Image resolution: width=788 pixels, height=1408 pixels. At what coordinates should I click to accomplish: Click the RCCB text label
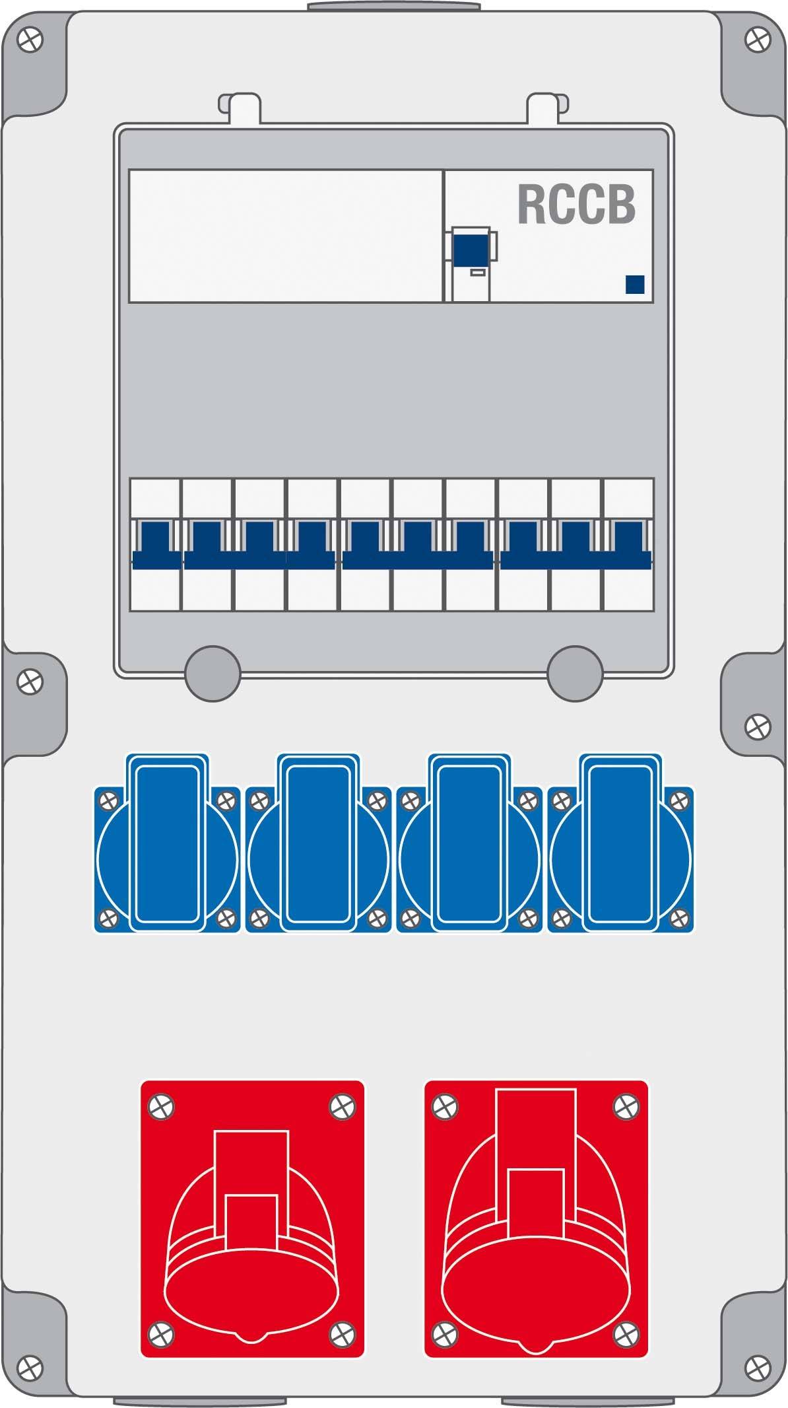click(x=576, y=205)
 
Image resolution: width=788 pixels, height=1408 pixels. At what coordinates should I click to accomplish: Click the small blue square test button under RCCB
click(x=635, y=284)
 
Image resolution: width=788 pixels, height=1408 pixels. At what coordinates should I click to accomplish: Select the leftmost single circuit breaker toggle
click(x=157, y=545)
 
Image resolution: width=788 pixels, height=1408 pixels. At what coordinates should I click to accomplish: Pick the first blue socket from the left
click(x=167, y=843)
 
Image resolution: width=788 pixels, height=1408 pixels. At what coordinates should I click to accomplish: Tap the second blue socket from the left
click(x=318, y=843)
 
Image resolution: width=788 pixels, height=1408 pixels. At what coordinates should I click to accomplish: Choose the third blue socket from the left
click(x=469, y=843)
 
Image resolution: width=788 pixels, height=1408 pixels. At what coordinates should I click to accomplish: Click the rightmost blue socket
click(x=620, y=843)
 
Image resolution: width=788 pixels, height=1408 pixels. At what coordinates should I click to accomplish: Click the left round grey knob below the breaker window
click(x=212, y=672)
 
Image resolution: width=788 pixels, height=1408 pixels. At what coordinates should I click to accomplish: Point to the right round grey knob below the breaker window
click(x=575, y=672)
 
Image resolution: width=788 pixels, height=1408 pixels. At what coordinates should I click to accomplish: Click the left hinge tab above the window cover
click(x=240, y=107)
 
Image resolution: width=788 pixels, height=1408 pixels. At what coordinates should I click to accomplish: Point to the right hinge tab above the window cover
click(x=547, y=107)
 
